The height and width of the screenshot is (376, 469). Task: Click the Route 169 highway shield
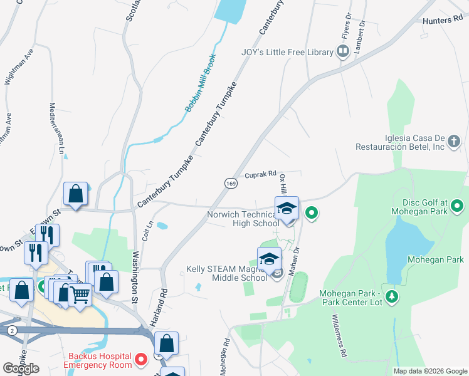(x=229, y=182)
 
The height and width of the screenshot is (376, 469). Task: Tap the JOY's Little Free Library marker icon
(x=342, y=51)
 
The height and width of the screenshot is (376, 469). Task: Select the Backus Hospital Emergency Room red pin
(x=142, y=360)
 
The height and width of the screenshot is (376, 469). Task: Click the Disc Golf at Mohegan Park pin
(x=458, y=205)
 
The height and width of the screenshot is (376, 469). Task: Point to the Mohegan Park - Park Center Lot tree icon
(x=392, y=296)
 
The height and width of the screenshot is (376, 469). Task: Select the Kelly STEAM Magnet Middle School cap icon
(x=269, y=259)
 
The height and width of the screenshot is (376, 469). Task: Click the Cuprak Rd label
(x=260, y=175)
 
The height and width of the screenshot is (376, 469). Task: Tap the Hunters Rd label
(x=446, y=21)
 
